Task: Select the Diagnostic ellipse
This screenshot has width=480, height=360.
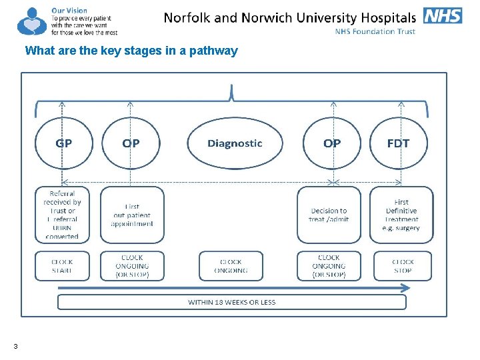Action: pyautogui.click(x=235, y=143)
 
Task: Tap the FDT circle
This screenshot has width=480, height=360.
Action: pyautogui.click(x=398, y=143)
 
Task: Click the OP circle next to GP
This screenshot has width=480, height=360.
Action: pyautogui.click(x=131, y=143)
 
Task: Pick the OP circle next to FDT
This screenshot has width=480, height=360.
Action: pyautogui.click(x=332, y=143)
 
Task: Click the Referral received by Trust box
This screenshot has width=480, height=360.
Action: pyautogui.click(x=62, y=215)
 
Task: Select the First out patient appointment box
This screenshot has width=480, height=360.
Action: pyautogui.click(x=131, y=215)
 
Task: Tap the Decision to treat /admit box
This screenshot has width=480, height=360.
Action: pyautogui.click(x=329, y=215)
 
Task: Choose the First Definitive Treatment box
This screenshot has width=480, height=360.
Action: pyautogui.click(x=401, y=215)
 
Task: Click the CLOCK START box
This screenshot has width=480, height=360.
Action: pyautogui.click(x=62, y=266)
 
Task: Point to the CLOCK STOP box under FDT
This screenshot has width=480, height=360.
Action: pyautogui.click(x=402, y=266)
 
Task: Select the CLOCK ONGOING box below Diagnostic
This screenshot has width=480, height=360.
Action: pyautogui.click(x=231, y=266)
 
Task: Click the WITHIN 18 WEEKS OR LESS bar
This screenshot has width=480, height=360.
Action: pyautogui.click(x=231, y=302)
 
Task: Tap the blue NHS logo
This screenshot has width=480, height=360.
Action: pyautogui.click(x=443, y=15)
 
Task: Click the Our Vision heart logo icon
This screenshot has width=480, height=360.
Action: pyautogui.click(x=31, y=21)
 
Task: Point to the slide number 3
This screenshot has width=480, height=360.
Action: pyautogui.click(x=15, y=345)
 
